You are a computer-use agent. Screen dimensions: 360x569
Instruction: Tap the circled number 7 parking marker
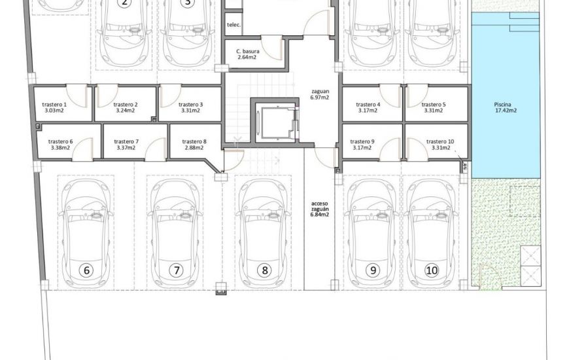[175, 269]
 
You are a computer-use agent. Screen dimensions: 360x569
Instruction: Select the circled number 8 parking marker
[264, 269]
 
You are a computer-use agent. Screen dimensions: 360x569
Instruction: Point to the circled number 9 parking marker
[373, 269]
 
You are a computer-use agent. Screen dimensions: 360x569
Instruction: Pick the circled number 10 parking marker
[432, 269]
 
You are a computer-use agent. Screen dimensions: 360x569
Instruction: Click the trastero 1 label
[54, 105]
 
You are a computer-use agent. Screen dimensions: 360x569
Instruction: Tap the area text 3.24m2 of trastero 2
[125, 111]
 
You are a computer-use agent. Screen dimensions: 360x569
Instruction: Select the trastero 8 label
[194, 141]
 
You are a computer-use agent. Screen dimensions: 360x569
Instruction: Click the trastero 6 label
[61, 141]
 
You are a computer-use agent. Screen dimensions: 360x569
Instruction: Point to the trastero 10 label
[439, 141]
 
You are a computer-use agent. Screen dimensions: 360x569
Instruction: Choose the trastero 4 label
[368, 105]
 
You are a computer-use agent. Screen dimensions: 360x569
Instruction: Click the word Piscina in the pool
[505, 104]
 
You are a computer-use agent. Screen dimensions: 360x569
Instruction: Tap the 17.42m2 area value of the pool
[505, 111]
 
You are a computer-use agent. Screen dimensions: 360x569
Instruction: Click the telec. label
[233, 25]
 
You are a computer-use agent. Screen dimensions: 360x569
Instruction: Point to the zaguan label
[319, 91]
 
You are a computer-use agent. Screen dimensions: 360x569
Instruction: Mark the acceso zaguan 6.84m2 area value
[320, 214]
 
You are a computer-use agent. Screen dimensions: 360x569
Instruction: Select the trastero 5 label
[434, 105]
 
